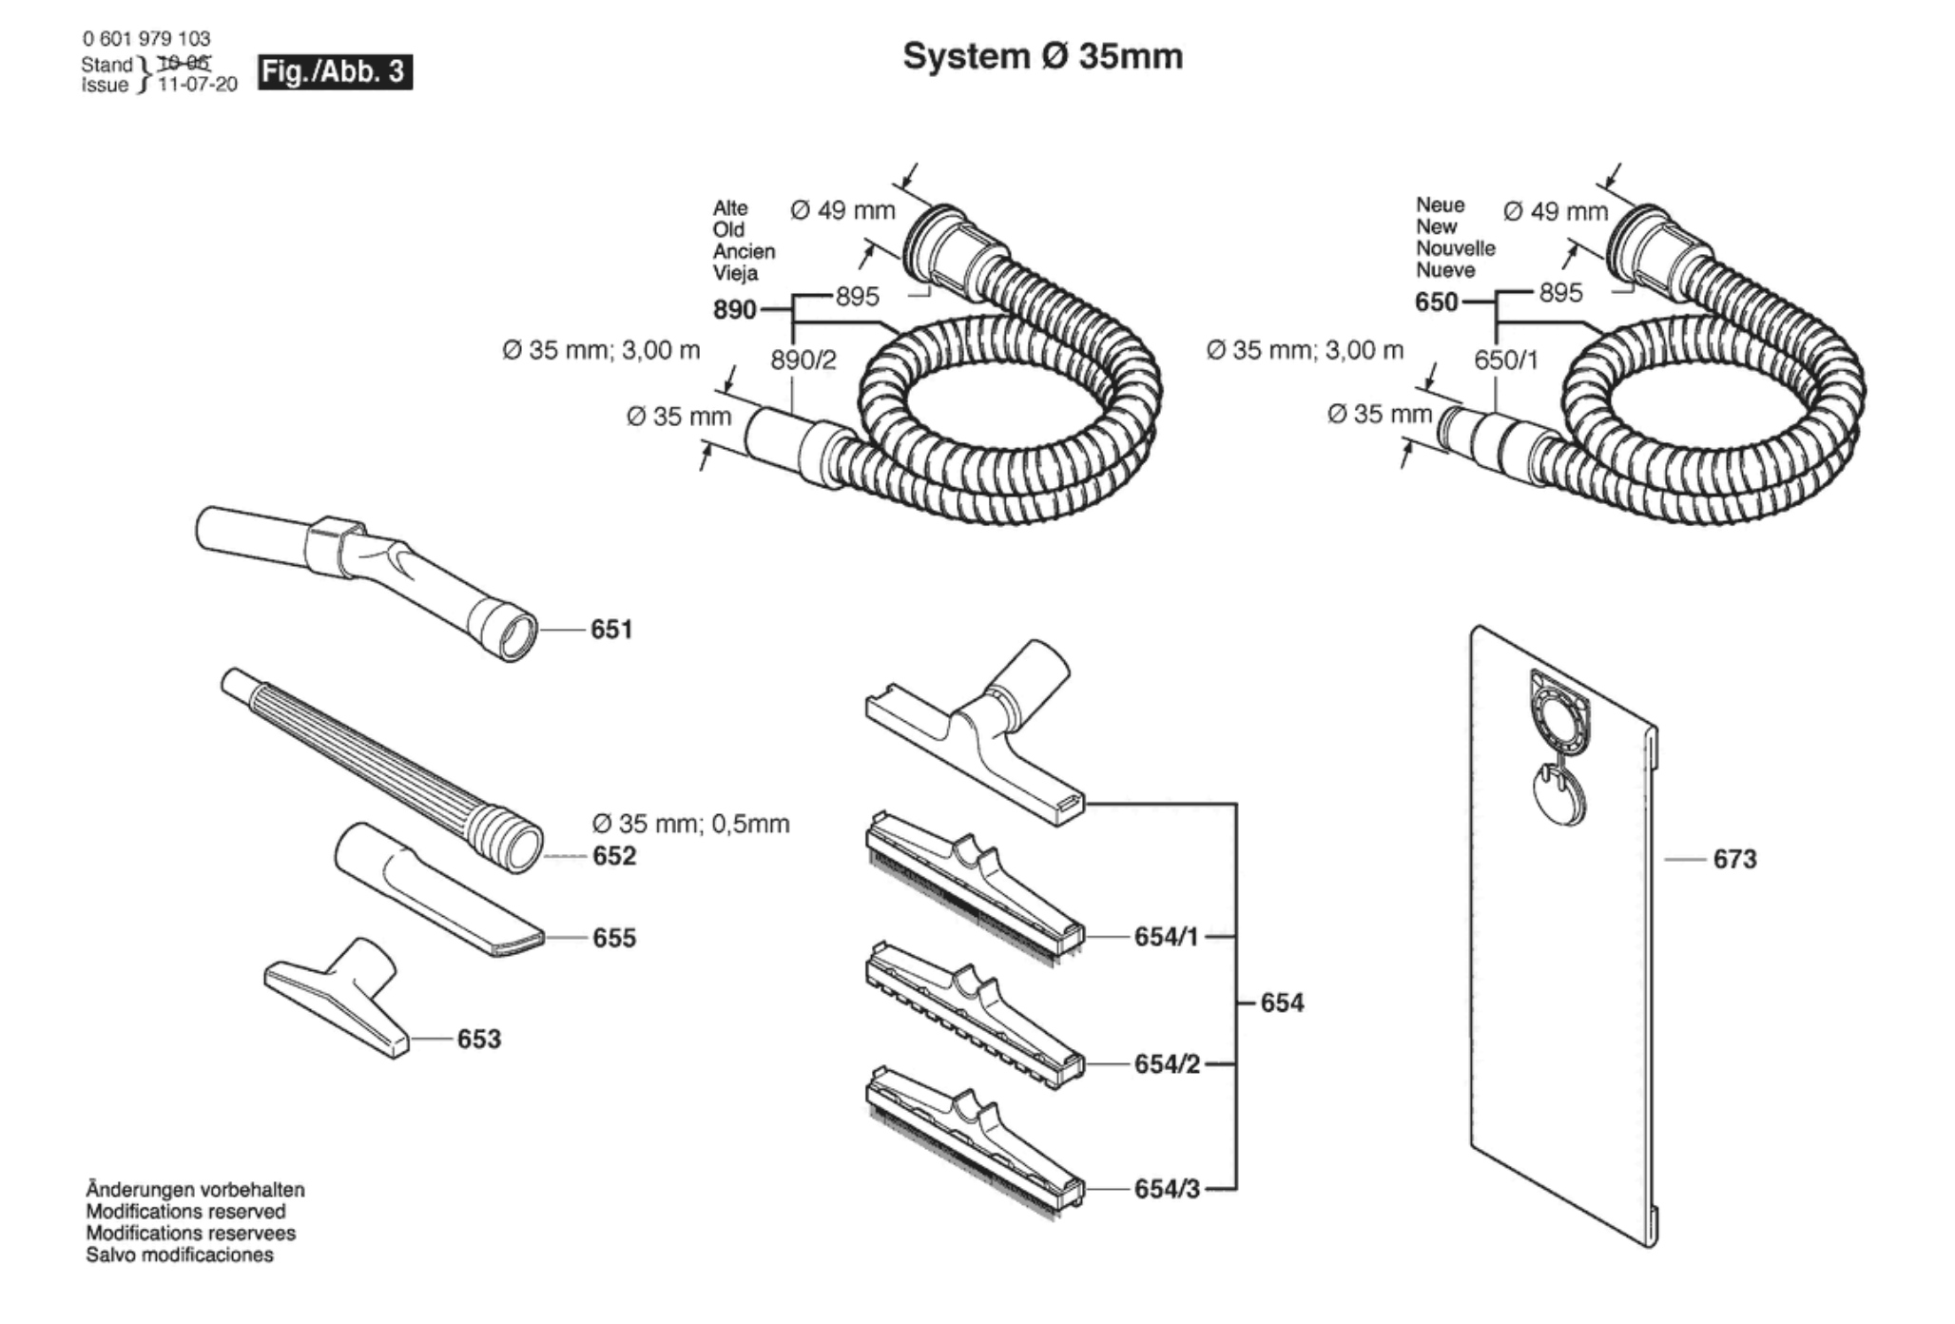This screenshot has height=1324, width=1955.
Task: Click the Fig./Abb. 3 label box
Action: (x=335, y=72)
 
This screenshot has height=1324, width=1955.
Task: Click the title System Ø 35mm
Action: (x=1042, y=56)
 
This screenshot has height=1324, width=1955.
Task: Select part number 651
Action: (x=611, y=630)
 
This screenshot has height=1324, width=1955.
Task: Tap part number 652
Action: (x=614, y=856)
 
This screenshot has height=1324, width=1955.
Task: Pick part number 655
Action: (x=614, y=938)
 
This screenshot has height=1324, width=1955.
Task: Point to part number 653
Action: (x=479, y=1039)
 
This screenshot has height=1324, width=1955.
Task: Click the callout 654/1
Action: (x=1167, y=937)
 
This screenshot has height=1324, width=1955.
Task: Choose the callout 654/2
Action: (x=1167, y=1064)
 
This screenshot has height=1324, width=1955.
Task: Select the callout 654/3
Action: (x=1167, y=1189)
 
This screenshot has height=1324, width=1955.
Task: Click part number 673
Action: (x=1734, y=860)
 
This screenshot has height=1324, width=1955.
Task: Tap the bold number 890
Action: (x=735, y=310)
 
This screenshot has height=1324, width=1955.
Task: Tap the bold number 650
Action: (x=1437, y=302)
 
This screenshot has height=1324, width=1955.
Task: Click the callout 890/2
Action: (x=803, y=360)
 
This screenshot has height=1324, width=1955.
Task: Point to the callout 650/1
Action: (x=1506, y=360)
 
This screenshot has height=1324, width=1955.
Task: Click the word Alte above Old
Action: (x=730, y=208)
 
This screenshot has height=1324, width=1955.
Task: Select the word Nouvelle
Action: (x=1456, y=248)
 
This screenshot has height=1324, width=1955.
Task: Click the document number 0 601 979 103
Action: (x=146, y=39)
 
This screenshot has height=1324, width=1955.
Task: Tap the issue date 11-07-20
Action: (x=198, y=85)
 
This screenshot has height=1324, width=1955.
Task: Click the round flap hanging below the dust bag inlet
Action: (x=1559, y=796)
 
